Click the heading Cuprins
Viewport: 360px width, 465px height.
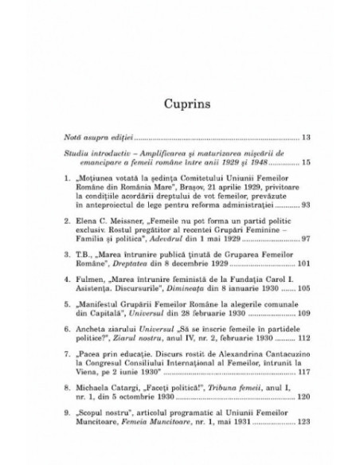click(180, 104)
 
